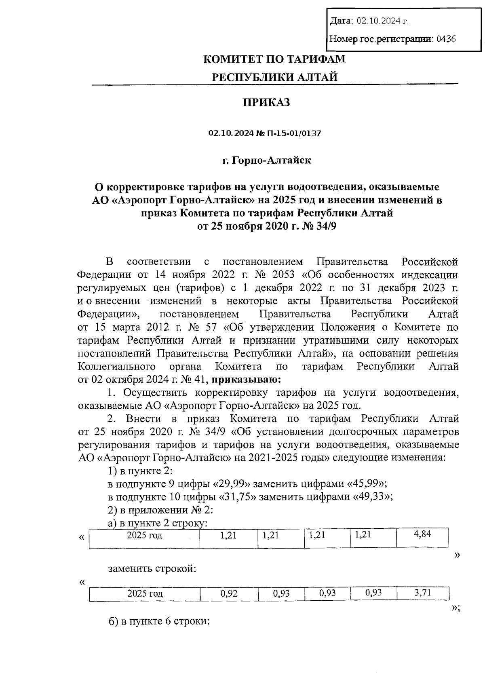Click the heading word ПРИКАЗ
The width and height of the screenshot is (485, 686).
coord(266,103)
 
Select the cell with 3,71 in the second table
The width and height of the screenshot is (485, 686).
coord(423,593)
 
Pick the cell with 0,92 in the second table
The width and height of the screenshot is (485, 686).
coord(229,593)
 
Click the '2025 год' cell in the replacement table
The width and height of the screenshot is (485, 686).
coord(145,593)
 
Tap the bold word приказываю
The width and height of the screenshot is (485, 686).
coord(244,380)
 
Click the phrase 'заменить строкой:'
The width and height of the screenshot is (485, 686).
coord(152,569)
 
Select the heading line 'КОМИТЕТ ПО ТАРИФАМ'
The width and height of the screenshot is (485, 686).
coord(274,59)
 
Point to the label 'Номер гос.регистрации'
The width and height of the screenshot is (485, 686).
coord(381,39)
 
